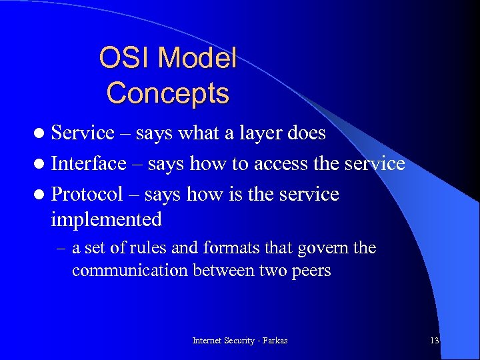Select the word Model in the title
(197, 59)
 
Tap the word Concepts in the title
(168, 93)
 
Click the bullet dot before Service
(41, 133)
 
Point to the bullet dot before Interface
(41, 164)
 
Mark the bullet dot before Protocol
(41, 195)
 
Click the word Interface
(89, 163)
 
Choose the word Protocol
(87, 195)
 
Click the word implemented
(107, 219)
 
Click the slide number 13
(434, 341)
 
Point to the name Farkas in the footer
(273, 341)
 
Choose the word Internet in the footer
(209, 341)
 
